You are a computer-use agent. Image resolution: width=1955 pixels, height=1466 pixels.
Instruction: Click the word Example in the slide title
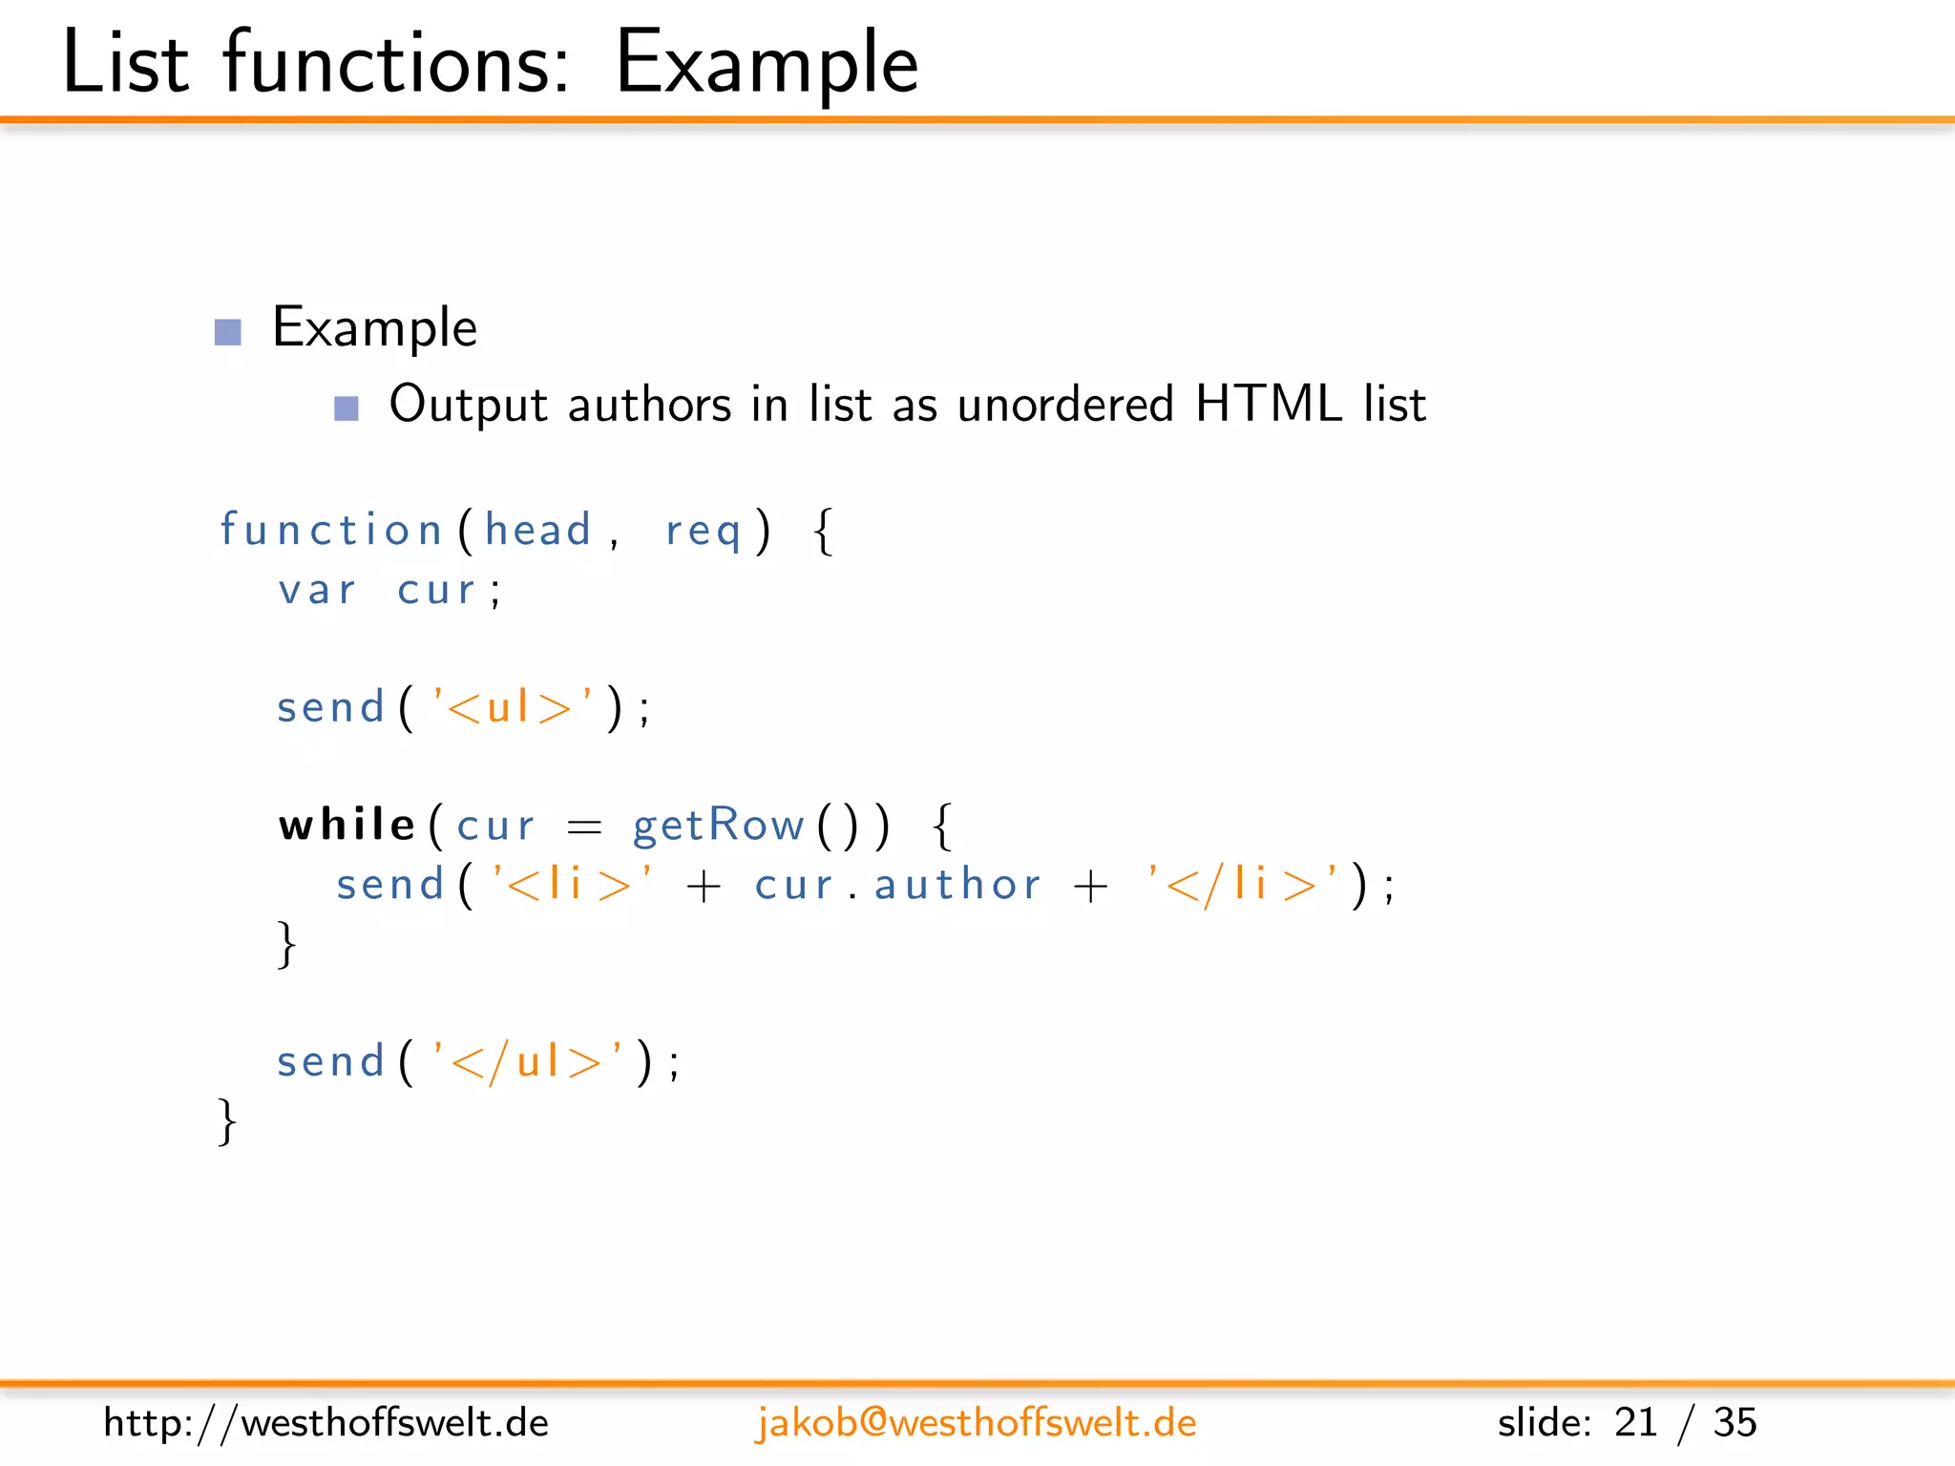click(x=767, y=63)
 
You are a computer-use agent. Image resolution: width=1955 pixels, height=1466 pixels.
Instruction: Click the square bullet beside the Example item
click(x=228, y=331)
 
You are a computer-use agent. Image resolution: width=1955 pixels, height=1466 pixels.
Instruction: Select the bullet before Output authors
click(x=347, y=408)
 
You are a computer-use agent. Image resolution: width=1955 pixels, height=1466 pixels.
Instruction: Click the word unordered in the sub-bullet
click(x=1064, y=404)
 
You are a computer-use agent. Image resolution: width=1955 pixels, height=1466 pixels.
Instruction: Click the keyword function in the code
click(x=330, y=530)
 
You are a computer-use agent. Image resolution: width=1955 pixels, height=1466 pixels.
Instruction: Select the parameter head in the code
click(x=538, y=530)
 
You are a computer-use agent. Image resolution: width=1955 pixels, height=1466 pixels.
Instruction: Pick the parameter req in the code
click(x=704, y=532)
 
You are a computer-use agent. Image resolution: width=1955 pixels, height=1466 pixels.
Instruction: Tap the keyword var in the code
click(x=317, y=590)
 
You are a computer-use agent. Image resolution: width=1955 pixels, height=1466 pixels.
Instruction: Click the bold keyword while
click(x=347, y=824)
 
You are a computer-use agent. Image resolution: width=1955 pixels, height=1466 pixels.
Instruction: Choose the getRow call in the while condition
click(x=719, y=826)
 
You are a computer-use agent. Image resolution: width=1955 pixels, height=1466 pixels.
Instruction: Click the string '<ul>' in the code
click(x=513, y=707)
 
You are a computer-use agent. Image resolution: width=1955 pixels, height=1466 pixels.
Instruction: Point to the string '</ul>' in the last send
click(x=528, y=1061)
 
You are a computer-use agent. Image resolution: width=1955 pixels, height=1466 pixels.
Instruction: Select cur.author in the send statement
click(x=897, y=885)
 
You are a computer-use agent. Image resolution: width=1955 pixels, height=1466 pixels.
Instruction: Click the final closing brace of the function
click(x=227, y=1121)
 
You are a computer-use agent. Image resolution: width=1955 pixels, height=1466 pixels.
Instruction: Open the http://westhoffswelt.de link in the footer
click(x=326, y=1423)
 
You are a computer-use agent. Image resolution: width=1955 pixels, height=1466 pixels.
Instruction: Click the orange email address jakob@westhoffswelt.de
click(x=976, y=1423)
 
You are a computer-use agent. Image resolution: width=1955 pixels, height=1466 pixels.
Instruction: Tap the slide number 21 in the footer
click(x=1635, y=1423)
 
